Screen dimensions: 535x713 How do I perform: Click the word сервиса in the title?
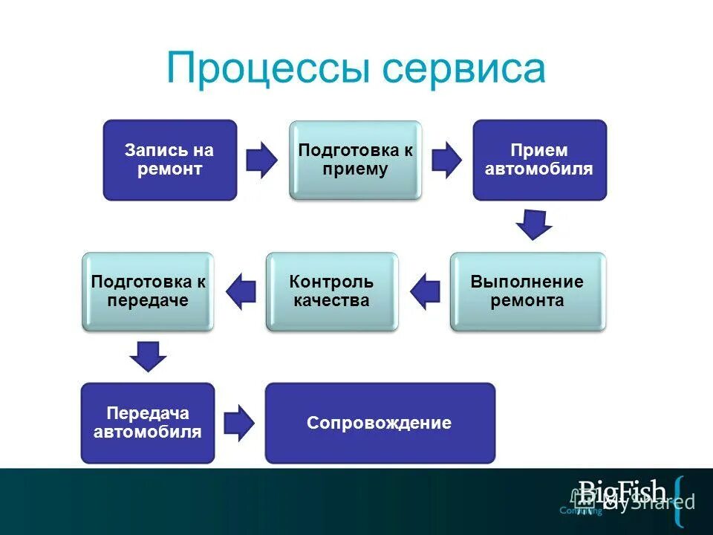[x=464, y=69]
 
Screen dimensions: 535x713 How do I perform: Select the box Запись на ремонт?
[x=169, y=160]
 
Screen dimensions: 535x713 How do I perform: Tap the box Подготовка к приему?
[x=355, y=160]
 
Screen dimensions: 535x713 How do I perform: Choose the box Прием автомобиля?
[x=539, y=160]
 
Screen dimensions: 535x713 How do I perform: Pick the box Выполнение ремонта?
[x=527, y=291]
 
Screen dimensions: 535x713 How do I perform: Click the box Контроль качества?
[x=332, y=291]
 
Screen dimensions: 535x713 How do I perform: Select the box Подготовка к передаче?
[x=148, y=291]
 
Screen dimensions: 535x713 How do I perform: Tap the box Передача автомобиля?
[x=148, y=423]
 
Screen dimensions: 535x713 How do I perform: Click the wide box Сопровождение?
[x=380, y=423]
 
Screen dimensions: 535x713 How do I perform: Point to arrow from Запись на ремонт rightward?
[x=261, y=160]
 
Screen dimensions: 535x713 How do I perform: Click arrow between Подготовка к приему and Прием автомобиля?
[x=446, y=160]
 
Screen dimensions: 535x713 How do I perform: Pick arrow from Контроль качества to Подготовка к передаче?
[x=240, y=291]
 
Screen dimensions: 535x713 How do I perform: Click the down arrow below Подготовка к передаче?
[x=148, y=356]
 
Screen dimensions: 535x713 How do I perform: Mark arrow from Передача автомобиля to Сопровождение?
[x=239, y=423]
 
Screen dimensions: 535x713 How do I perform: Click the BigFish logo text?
[x=622, y=491]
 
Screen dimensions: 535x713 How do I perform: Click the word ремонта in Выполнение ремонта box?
[x=527, y=301]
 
